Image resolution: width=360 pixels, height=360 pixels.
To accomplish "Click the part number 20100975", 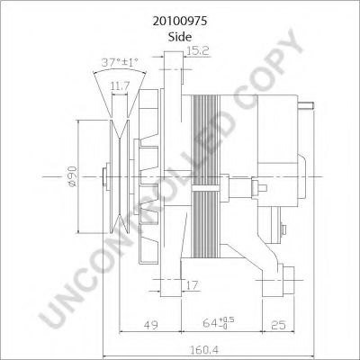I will [180, 16].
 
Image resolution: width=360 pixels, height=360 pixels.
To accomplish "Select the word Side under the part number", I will [180, 36].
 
